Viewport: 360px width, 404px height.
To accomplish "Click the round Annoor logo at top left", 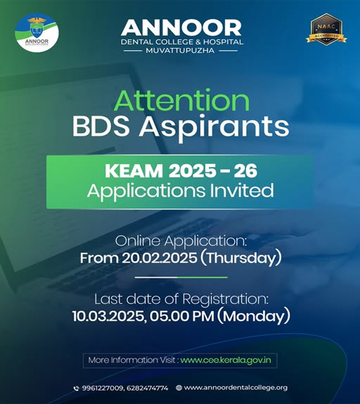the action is (x=37, y=33).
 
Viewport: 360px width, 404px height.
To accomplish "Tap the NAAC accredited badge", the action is (x=326, y=30).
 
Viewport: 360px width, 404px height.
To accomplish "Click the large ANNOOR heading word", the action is (x=181, y=28).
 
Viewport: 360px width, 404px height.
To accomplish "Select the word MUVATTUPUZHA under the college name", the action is (x=180, y=50).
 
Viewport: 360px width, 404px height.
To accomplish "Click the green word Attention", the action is (x=182, y=100).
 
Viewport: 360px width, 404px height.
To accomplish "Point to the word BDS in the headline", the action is (x=101, y=127).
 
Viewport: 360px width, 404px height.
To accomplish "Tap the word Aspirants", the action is (x=214, y=128).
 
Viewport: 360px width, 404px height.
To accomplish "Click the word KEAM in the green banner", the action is (x=134, y=170).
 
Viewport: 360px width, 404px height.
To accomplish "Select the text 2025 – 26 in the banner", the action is (x=213, y=170).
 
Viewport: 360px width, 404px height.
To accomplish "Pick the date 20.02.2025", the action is (x=159, y=258).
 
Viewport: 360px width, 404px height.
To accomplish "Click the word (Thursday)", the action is (x=241, y=259).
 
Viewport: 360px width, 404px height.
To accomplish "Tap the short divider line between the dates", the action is (x=181, y=277).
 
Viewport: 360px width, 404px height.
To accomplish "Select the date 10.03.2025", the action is (x=109, y=316).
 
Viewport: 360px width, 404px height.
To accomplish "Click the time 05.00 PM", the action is (x=182, y=316).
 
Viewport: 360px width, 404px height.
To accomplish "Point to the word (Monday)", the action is (x=253, y=316).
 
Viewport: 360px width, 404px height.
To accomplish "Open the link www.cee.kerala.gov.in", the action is (x=226, y=360).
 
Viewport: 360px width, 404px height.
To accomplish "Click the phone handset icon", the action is (x=76, y=389).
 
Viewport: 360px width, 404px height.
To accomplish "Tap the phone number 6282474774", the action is (x=148, y=388).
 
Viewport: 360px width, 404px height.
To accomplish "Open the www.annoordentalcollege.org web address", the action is (x=236, y=388).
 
